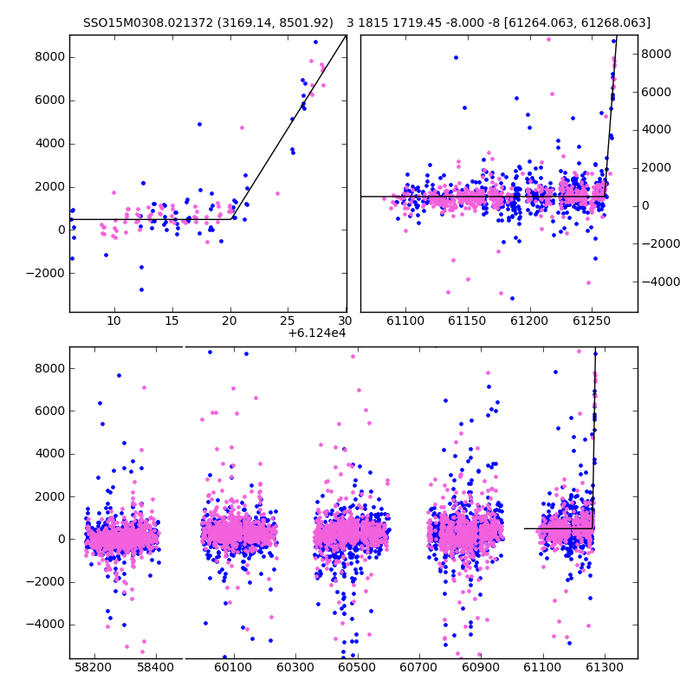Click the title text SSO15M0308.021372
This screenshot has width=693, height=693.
148,23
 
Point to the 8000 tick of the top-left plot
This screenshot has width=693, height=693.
50,57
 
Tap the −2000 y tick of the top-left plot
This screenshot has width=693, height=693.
46,273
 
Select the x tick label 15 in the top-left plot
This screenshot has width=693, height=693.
172,321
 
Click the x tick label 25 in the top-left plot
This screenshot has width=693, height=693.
288,321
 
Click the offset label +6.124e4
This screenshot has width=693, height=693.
317,334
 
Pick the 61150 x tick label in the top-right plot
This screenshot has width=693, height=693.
467,321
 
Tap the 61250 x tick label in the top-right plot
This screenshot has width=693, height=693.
592,321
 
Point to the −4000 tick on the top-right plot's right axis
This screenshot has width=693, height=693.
661,282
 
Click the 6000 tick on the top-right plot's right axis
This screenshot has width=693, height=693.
657,92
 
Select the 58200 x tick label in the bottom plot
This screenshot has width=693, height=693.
94,667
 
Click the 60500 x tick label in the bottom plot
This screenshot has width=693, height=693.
357,667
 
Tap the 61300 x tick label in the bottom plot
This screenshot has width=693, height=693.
604,667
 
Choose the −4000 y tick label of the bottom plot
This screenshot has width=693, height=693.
46,625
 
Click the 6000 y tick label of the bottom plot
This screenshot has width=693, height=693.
50,411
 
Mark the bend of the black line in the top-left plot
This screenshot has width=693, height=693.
231,219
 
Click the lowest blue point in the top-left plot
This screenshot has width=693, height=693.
141,290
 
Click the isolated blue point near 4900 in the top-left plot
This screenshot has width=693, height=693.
200,125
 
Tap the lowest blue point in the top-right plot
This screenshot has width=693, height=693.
512,299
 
